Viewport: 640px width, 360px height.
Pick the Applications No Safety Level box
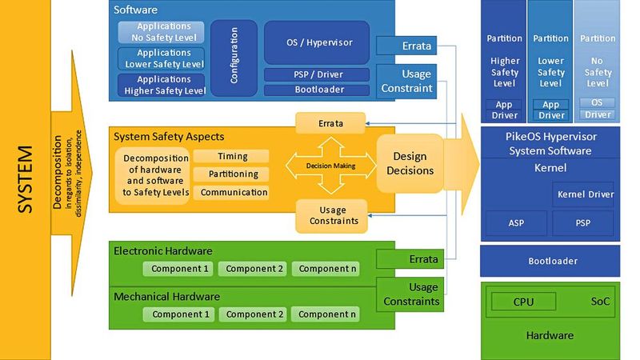[162, 32]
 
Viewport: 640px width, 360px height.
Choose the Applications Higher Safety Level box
[162, 85]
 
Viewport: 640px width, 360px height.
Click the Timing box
[231, 157]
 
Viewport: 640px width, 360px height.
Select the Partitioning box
[231, 174]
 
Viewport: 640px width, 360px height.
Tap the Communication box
[231, 193]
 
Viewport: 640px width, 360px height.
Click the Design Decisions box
[410, 163]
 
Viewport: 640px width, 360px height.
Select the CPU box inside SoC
[523, 302]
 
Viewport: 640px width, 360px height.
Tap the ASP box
[516, 223]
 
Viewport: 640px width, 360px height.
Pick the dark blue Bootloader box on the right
[551, 261]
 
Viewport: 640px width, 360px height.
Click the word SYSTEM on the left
[25, 180]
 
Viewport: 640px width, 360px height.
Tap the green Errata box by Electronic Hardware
[407, 259]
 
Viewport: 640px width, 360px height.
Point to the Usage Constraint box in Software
[407, 80]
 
